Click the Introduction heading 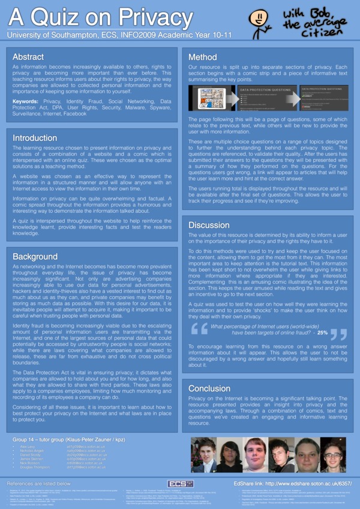pyautogui.click(x=35, y=138)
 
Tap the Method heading pyautogui.click(x=202, y=57)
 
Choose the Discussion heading pyautogui.click(x=209, y=225)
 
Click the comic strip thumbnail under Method pyautogui.click(x=209, y=98)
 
